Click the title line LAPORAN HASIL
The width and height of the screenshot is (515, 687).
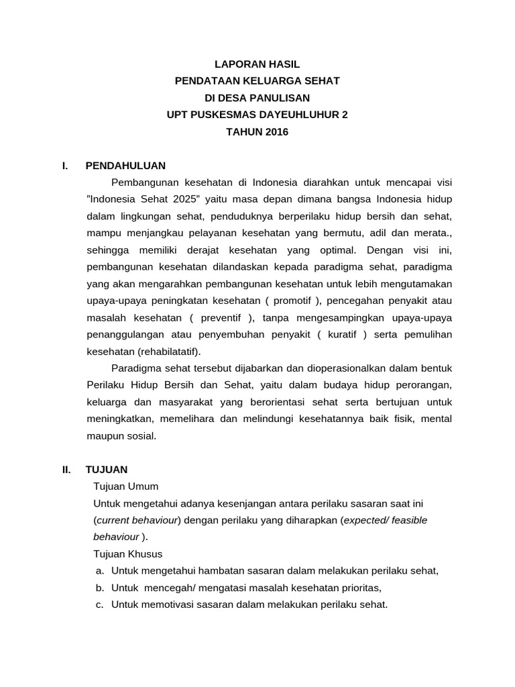pyautogui.click(x=257, y=64)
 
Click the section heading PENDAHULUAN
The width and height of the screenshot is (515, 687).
pyautogui.click(x=125, y=165)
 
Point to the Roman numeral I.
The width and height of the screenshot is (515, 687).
pyautogui.click(x=64, y=165)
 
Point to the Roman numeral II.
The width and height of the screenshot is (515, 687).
pyautogui.click(x=66, y=470)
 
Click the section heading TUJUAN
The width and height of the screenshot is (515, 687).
pyautogui.click(x=107, y=470)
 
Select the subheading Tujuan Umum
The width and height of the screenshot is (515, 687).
pyautogui.click(x=126, y=486)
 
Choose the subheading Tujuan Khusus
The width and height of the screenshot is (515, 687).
pyautogui.click(x=128, y=554)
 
